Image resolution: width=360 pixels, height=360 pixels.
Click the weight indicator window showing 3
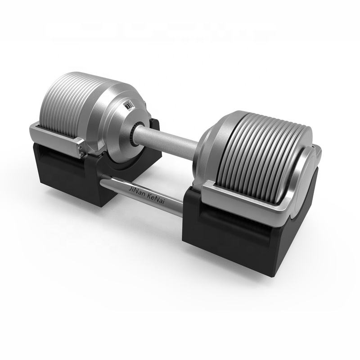129,106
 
